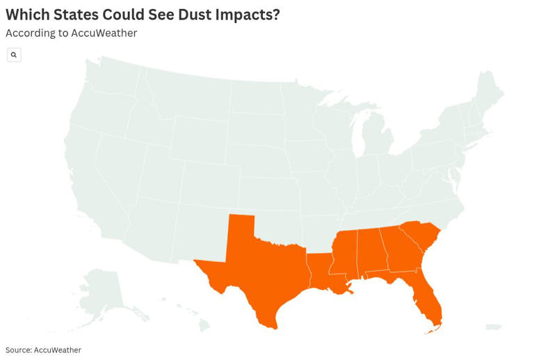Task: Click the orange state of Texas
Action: pos(261,271)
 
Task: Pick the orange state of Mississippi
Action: pos(344,254)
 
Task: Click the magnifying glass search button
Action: pos(14,55)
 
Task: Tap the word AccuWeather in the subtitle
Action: pos(104,33)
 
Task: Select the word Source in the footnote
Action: pos(18,350)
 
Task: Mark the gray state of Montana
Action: pos(188,97)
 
